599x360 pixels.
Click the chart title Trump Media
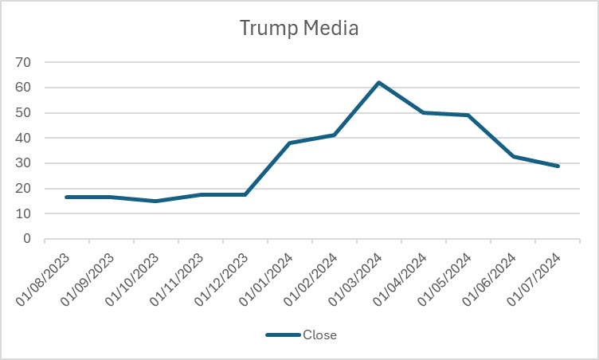pyautogui.click(x=299, y=29)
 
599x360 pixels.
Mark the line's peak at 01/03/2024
pyautogui.click(x=379, y=82)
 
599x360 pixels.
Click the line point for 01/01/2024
pyautogui.click(x=290, y=143)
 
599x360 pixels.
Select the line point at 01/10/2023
pyautogui.click(x=156, y=201)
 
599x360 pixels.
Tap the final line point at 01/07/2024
pyautogui.click(x=558, y=166)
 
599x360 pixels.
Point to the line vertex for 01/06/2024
pyautogui.click(x=513, y=156)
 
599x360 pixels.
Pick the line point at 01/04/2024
pyautogui.click(x=424, y=112)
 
